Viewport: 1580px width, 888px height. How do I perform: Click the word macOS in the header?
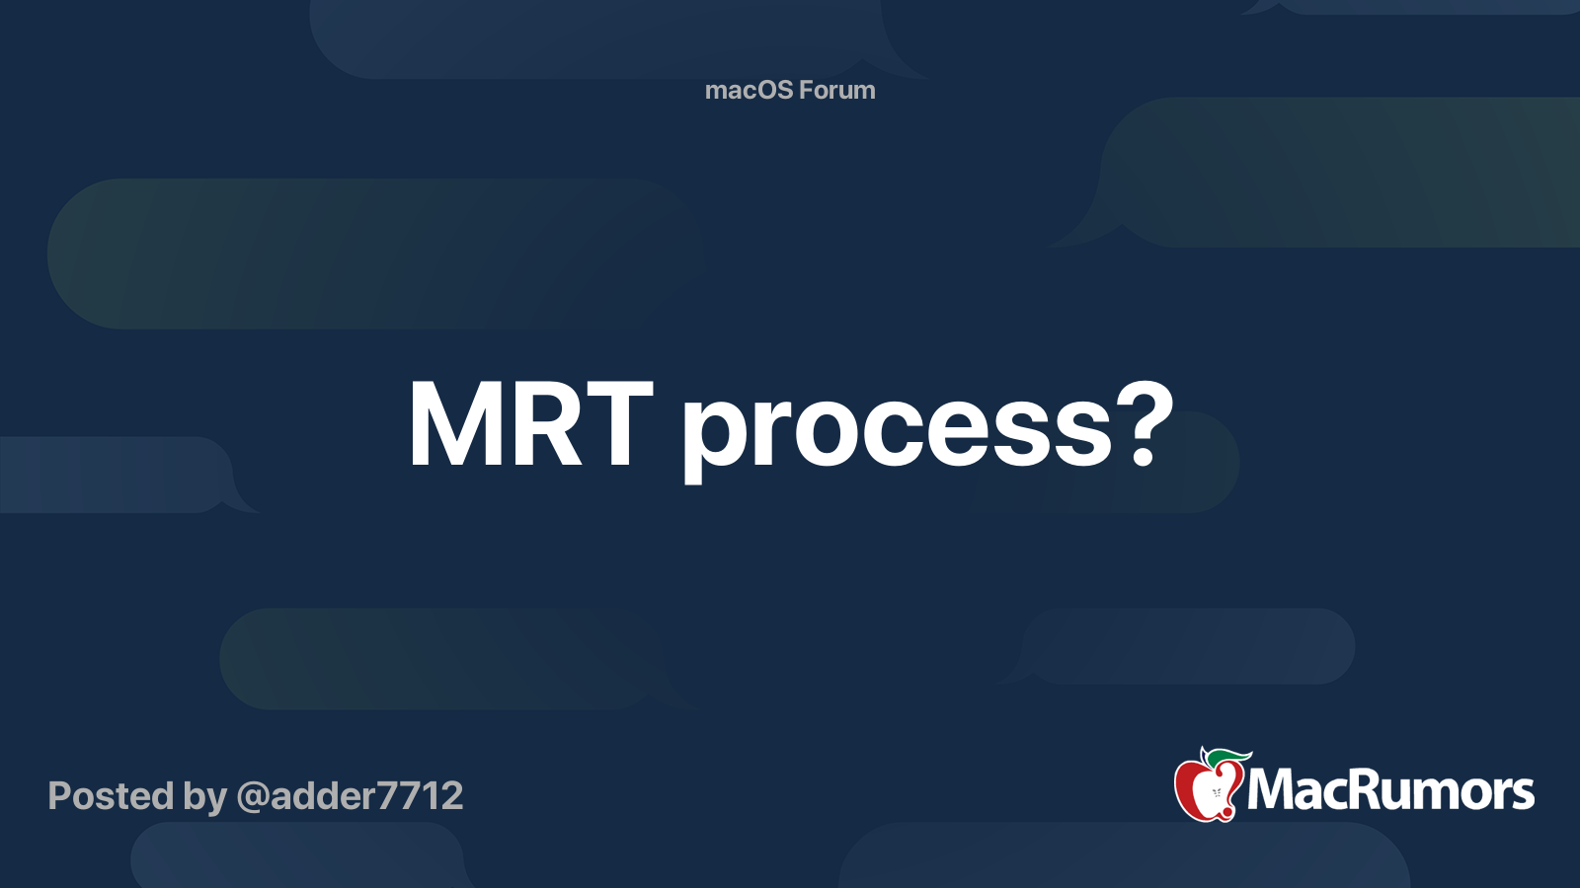pos(752,90)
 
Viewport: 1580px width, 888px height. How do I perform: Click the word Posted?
pos(111,795)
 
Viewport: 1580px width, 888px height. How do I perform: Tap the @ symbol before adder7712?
pos(253,797)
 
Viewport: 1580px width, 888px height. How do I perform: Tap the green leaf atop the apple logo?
pos(1227,758)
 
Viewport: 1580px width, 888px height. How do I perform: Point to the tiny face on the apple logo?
pos(1217,793)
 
